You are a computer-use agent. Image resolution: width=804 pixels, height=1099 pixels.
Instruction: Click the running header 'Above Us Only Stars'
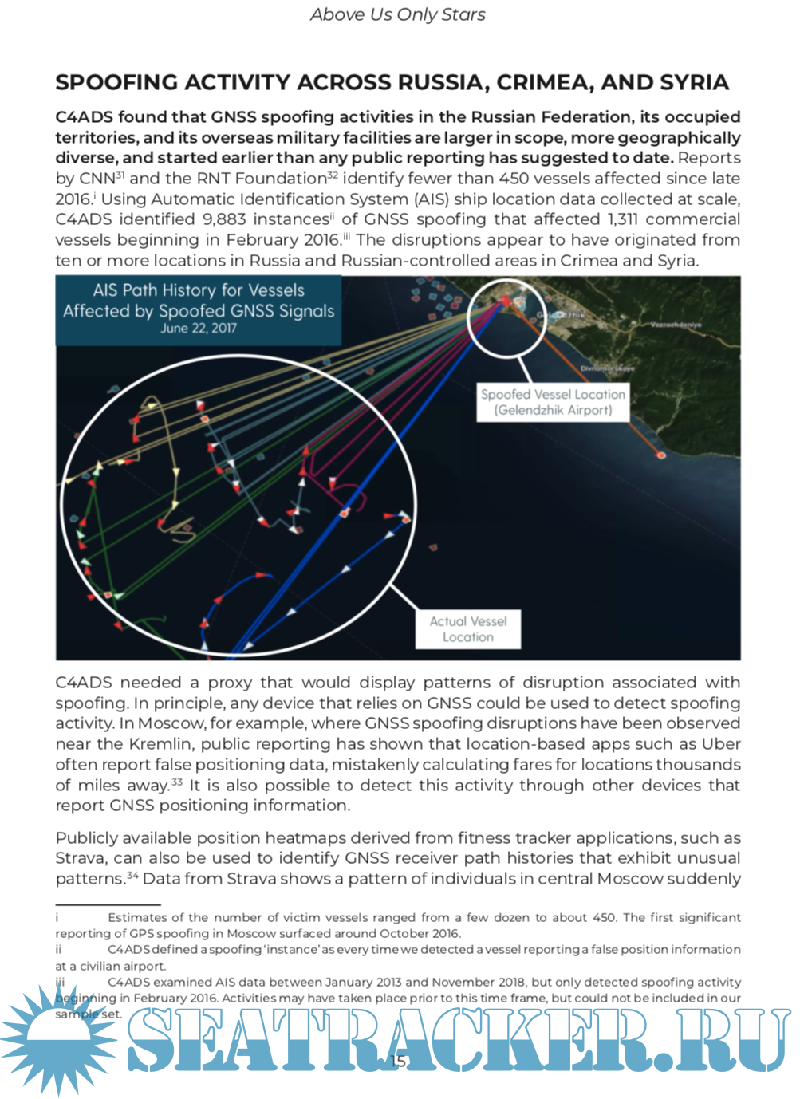click(x=397, y=14)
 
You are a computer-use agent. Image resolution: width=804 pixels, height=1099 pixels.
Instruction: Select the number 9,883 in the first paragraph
click(x=229, y=219)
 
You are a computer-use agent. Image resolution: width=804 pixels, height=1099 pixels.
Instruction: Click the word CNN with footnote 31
click(x=97, y=179)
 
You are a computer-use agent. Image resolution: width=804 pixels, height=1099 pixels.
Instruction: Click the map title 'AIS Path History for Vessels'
click(x=199, y=290)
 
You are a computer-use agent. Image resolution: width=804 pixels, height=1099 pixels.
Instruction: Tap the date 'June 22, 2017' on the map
click(x=199, y=328)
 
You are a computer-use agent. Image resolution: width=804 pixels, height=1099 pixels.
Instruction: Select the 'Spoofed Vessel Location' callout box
click(x=553, y=402)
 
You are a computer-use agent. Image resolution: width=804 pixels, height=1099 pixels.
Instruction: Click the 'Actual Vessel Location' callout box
click(x=468, y=629)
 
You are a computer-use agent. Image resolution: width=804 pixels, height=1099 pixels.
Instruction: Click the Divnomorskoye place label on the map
click(x=608, y=368)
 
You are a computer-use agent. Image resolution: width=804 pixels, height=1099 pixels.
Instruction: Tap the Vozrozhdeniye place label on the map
click(x=675, y=325)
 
